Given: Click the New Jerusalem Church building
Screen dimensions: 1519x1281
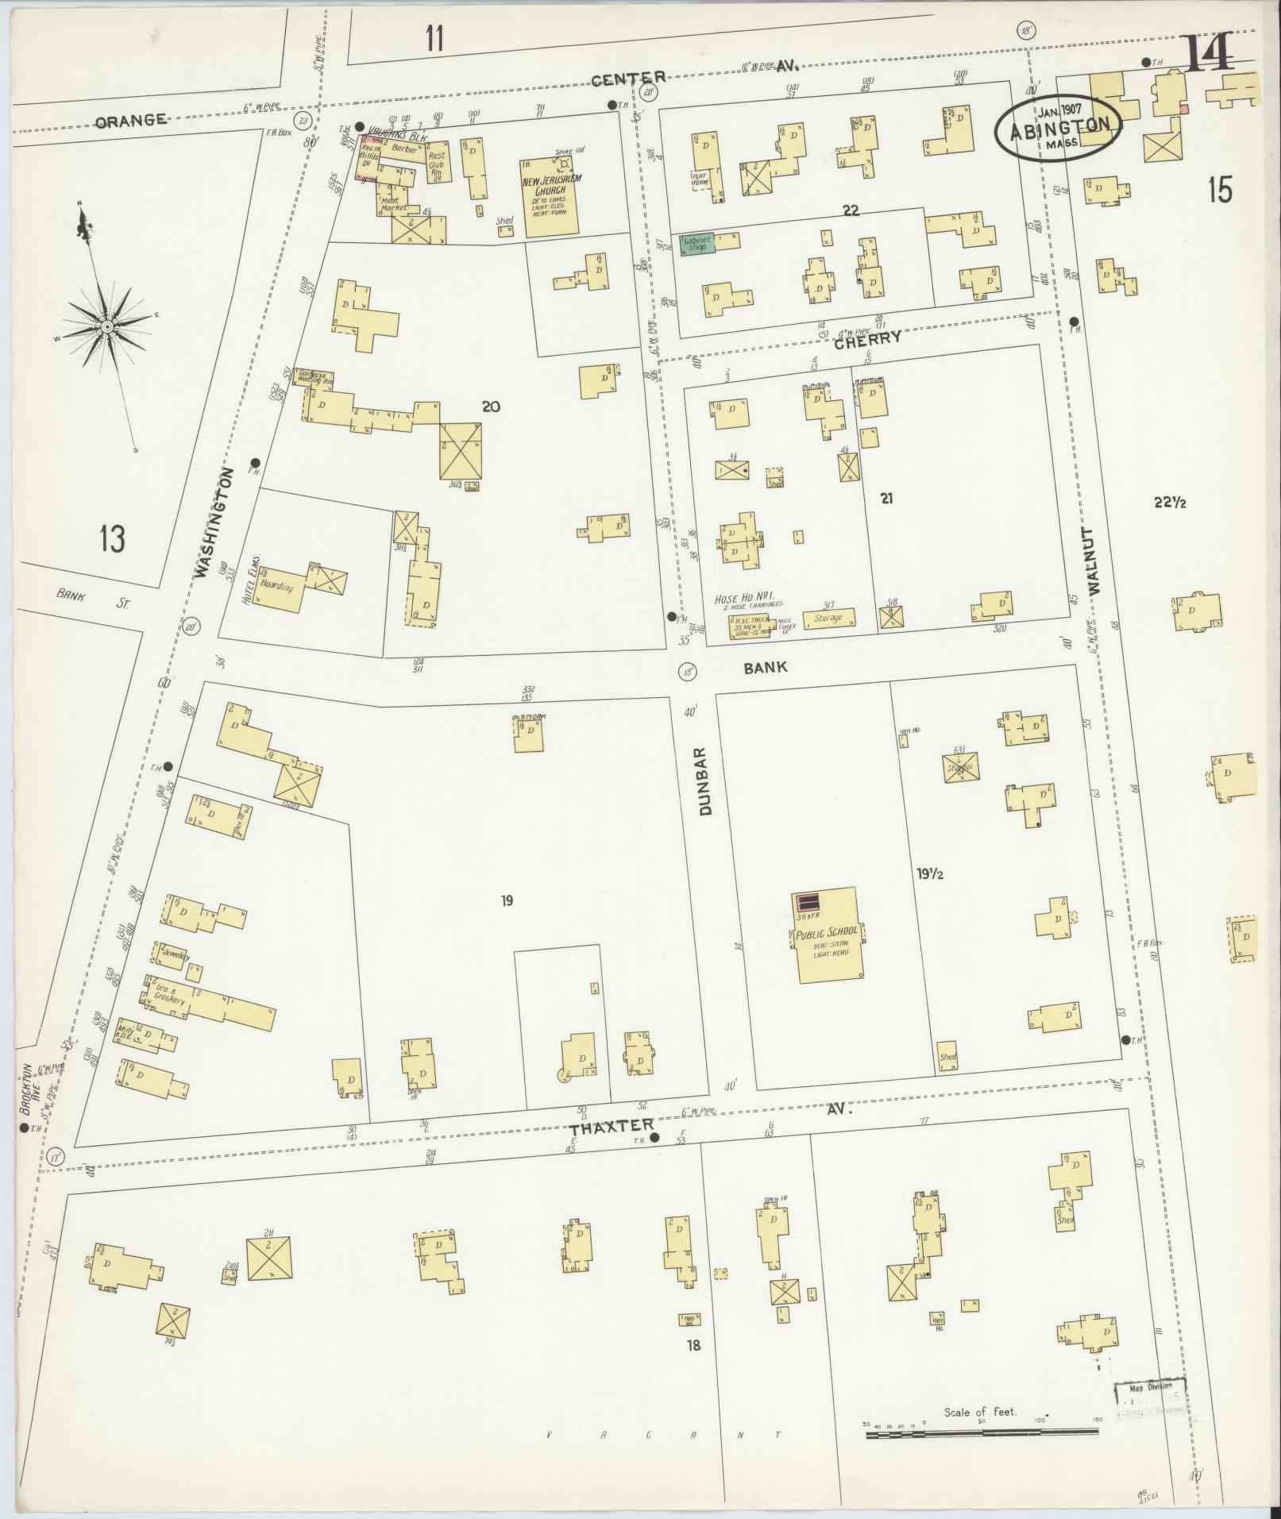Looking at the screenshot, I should tap(550, 196).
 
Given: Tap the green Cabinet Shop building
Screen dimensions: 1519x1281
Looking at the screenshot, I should tap(697, 244).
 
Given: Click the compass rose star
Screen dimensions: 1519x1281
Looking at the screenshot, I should tap(106, 326).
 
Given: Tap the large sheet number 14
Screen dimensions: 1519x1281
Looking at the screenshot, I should tap(1210, 54).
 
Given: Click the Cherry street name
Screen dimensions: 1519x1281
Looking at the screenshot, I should tap(867, 337).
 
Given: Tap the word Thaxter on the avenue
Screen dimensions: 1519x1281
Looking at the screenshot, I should tap(612, 1125).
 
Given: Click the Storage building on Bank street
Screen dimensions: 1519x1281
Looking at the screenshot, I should tap(829, 619).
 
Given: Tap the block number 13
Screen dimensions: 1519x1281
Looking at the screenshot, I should tap(112, 540).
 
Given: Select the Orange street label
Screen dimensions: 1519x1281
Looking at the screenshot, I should tap(131, 121).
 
